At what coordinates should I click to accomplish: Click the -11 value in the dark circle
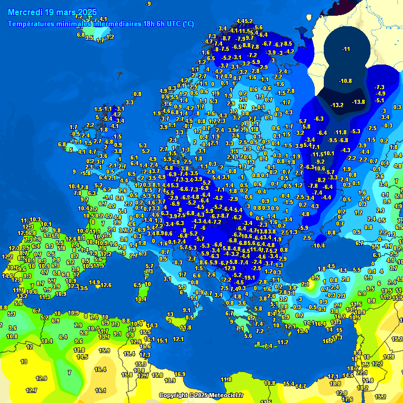click(346, 49)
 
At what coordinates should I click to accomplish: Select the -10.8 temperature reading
click(345, 80)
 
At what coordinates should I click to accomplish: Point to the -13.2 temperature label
click(337, 105)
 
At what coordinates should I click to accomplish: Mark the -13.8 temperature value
click(358, 102)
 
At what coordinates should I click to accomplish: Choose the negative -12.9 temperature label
click(229, 268)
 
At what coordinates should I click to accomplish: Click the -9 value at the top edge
click(149, 4)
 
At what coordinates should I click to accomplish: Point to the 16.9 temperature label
click(180, 374)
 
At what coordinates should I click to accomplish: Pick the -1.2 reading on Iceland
click(110, 37)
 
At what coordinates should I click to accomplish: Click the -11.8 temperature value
click(341, 132)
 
